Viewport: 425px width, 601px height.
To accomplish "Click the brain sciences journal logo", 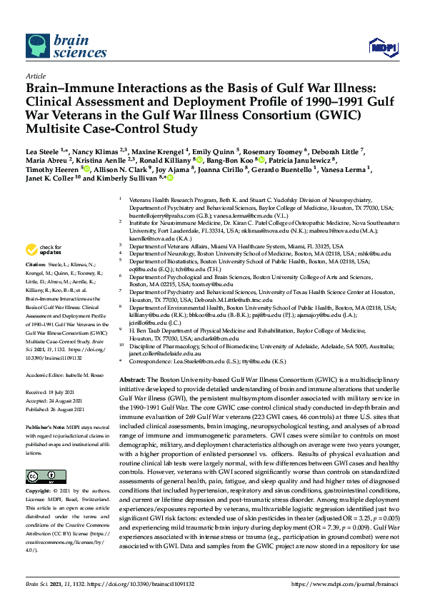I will pos(58,48).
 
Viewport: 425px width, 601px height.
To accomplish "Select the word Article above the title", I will pos(35,75).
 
